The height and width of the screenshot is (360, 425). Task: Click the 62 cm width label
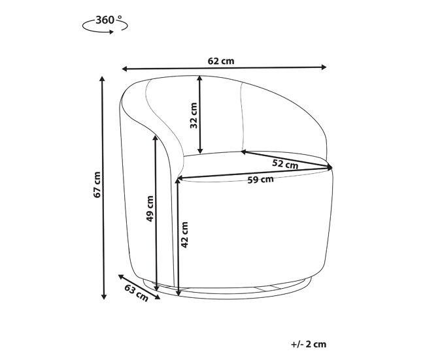tap(221, 61)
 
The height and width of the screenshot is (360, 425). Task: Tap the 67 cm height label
tap(97, 184)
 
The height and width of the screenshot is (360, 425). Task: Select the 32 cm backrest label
tap(194, 116)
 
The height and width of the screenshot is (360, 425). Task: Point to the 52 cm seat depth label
tap(285, 164)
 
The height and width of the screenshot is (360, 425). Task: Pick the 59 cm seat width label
tap(260, 180)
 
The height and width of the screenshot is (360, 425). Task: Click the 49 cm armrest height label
tap(150, 208)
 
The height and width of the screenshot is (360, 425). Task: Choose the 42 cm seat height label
tap(184, 235)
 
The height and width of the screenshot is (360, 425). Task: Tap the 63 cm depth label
tap(137, 293)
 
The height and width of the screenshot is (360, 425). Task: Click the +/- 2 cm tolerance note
tap(309, 344)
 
